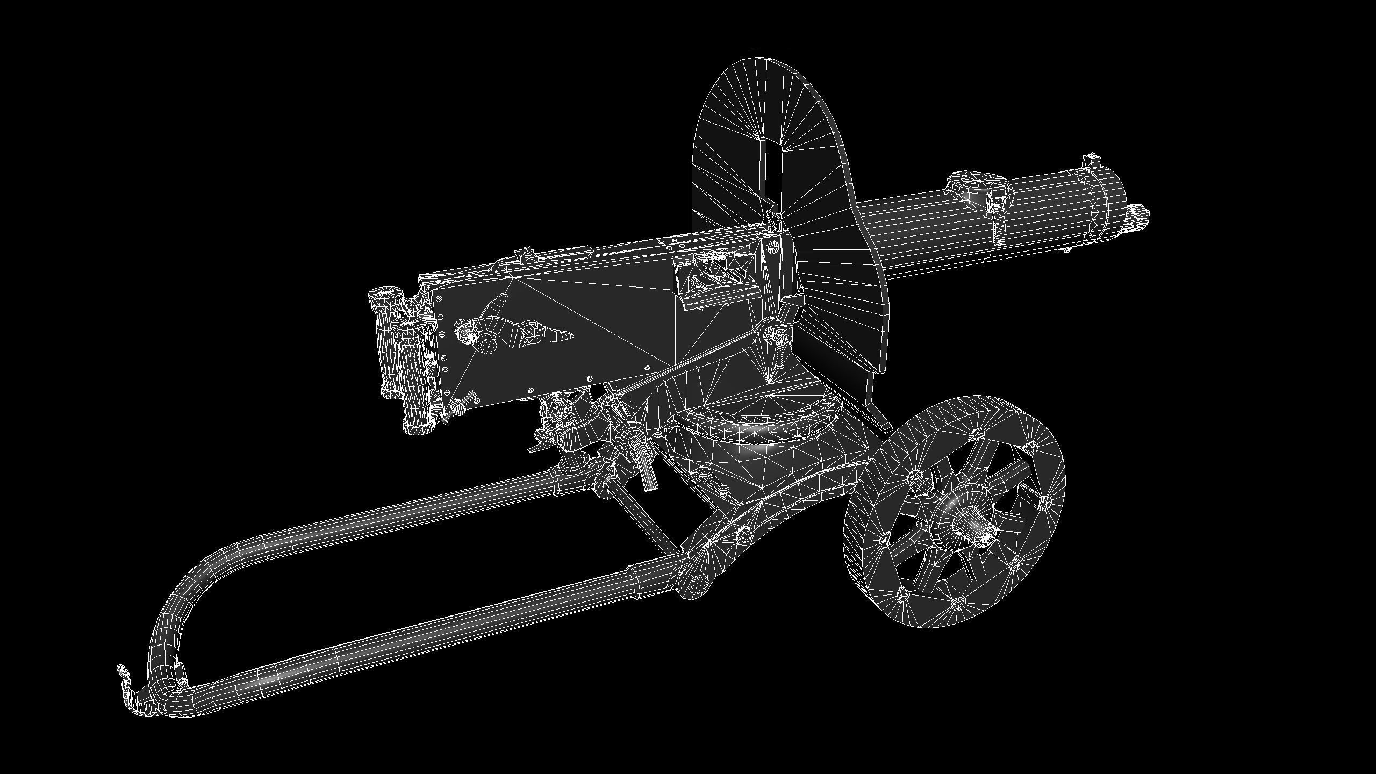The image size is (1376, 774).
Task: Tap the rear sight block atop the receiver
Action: pos(523,255)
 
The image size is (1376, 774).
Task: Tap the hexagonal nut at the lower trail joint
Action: pos(697,583)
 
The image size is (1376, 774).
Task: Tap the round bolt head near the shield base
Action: pos(772,247)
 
